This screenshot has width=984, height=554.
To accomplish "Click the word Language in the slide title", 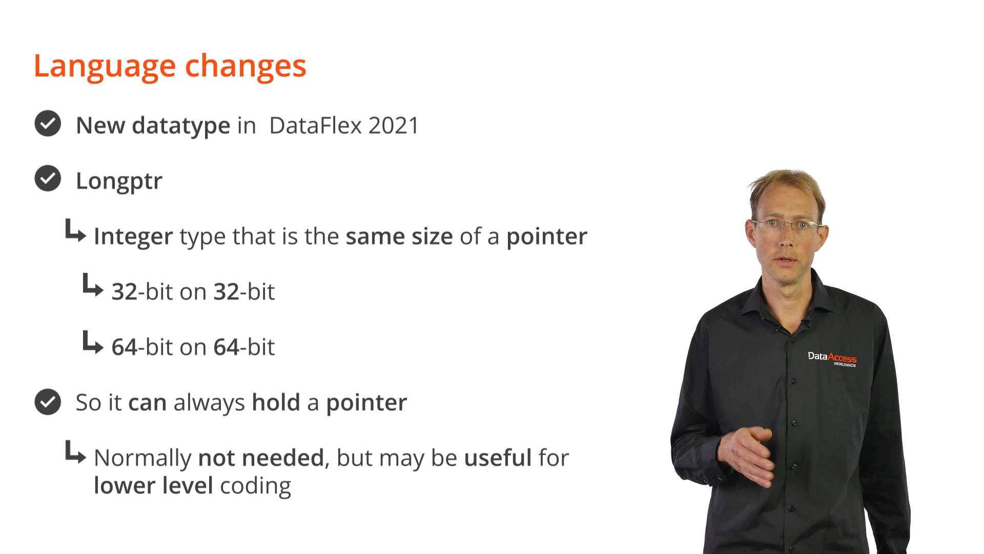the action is pos(105,67).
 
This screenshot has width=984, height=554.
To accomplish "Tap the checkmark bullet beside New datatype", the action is pos(48,124).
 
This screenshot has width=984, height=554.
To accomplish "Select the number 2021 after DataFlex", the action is pos(394,126).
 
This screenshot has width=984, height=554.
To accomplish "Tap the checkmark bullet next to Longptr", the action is pos(48,179).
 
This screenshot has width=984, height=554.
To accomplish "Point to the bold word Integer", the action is pos(133,237).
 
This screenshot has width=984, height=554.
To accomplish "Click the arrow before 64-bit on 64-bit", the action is pos(93,342).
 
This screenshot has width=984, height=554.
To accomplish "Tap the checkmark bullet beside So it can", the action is pos(48,402).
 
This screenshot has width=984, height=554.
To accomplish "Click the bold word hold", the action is pos(276,402).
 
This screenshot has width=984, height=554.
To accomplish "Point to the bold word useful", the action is pos(498,458).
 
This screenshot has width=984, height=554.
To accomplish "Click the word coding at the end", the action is pos(255,486).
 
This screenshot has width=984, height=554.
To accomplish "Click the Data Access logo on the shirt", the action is pos(832,359).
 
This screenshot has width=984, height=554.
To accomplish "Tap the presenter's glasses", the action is pos(787,225).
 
